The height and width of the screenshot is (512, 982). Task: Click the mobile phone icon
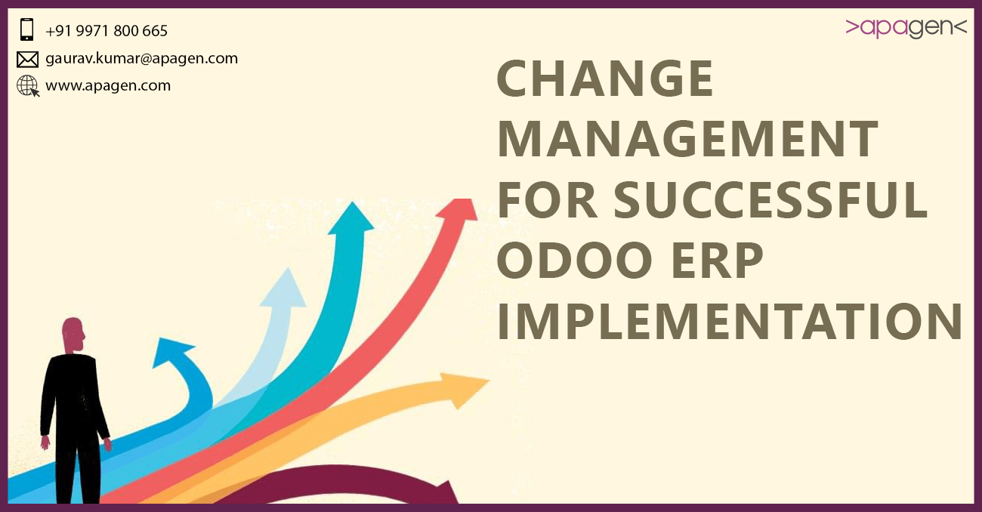point(27,30)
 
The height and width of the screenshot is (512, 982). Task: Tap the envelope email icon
point(27,59)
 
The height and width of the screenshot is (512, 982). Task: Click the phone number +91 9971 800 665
point(107,31)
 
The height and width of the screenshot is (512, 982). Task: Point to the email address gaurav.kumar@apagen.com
point(141,58)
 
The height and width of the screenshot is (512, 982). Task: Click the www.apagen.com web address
point(108,85)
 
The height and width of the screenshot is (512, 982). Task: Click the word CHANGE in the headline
point(605,79)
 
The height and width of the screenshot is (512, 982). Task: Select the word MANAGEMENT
point(687,140)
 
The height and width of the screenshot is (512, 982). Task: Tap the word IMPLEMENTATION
point(729,321)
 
